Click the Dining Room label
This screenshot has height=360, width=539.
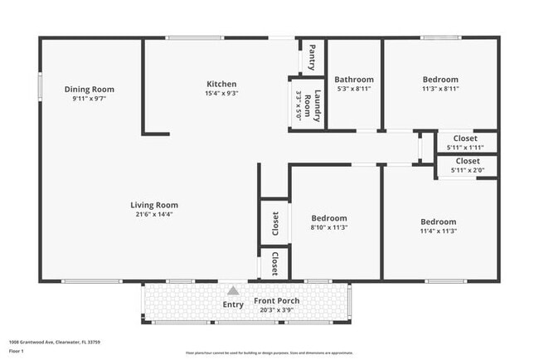point(90,89)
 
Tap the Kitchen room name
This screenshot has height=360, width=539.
point(221,84)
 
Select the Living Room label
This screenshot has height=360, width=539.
point(154,205)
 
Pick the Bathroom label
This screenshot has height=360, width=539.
point(354,79)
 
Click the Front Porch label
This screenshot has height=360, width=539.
point(277,300)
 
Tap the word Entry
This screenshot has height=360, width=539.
point(233,304)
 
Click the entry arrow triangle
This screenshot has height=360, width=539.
point(233,291)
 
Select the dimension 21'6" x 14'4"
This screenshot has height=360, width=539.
point(154,214)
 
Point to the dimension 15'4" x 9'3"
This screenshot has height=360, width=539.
point(221,94)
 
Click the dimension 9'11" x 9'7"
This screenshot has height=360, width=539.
point(90,98)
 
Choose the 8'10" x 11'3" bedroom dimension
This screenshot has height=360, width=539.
point(328,227)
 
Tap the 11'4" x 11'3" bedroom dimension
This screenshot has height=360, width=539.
point(438,231)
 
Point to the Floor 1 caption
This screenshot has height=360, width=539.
point(17,351)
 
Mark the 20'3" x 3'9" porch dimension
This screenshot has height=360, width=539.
point(277,310)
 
